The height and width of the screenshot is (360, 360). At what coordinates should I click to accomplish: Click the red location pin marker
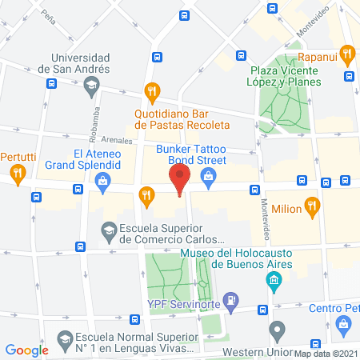pos(180,178)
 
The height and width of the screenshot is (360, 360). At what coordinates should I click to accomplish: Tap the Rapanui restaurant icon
pos(346,55)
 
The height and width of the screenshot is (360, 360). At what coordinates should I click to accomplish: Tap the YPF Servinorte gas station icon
pos(231,300)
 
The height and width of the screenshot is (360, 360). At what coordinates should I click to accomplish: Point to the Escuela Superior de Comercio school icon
pos(109,231)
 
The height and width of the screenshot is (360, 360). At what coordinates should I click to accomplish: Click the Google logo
pos(27,350)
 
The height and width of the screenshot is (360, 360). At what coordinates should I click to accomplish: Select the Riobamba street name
pos(97,118)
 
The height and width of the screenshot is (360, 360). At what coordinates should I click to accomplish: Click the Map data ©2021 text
pos(326,353)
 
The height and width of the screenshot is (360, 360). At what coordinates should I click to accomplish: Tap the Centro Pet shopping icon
pos(345,324)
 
